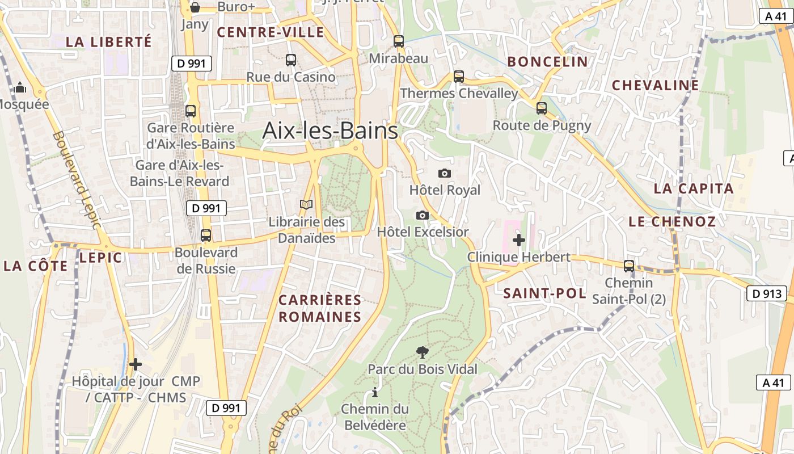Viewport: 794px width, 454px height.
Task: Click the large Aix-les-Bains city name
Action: [x=330, y=131]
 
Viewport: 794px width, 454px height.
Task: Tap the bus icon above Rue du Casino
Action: [x=291, y=60]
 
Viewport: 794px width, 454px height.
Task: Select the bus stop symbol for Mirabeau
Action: [x=399, y=41]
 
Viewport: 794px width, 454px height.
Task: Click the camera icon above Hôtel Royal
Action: [x=445, y=173]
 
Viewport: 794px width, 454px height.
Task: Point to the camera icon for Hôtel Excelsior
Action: [x=422, y=215]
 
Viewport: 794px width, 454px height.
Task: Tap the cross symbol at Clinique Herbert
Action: [x=518, y=239]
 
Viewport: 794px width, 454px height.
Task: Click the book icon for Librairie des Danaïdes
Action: [x=306, y=204]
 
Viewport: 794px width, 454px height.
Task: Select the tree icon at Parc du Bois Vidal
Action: [x=422, y=352]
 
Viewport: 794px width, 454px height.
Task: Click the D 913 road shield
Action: [x=767, y=293]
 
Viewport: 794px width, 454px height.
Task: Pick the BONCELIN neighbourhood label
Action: [x=547, y=62]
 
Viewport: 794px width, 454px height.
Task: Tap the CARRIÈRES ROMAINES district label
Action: [x=320, y=308]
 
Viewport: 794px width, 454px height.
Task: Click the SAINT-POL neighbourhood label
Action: [x=544, y=293]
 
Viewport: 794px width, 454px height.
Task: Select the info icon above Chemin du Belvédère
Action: [x=374, y=392]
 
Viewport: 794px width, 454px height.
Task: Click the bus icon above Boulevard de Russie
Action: [x=206, y=235]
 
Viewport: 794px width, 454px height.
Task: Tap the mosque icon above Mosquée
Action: [x=20, y=87]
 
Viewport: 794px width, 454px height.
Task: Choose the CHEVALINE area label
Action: [x=655, y=85]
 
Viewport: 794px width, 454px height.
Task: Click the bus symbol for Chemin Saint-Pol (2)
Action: [x=628, y=266]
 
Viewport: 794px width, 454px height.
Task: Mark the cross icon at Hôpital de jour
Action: [x=135, y=364]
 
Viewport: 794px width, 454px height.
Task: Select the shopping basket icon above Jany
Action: [x=195, y=7]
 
